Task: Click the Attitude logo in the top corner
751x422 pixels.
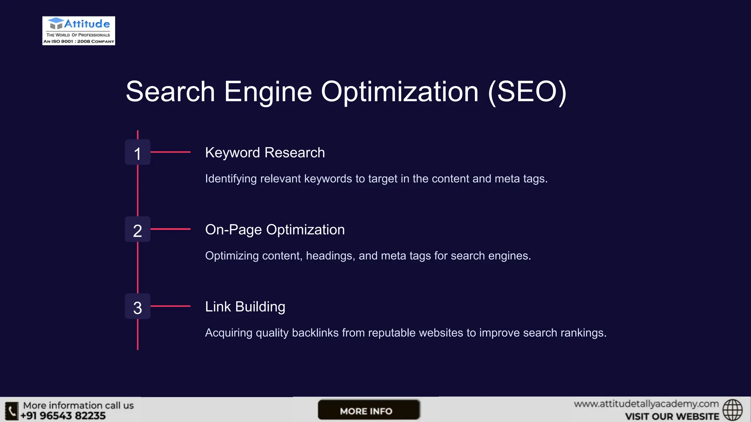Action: (78, 30)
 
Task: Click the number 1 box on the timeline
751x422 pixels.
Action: (138, 152)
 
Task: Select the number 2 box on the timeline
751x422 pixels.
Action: (138, 230)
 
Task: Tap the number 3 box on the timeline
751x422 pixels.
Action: (138, 307)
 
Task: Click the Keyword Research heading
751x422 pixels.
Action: (265, 152)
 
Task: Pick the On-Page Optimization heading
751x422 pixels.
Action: (275, 230)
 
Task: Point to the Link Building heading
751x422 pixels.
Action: (245, 307)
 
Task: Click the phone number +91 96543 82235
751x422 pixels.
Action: (63, 416)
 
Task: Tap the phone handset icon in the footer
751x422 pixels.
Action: (11, 411)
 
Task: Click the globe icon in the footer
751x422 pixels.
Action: (732, 410)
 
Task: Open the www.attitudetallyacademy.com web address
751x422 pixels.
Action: (646, 404)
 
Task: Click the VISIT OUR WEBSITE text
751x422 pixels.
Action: (672, 417)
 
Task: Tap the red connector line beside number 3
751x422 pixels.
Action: (171, 306)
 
